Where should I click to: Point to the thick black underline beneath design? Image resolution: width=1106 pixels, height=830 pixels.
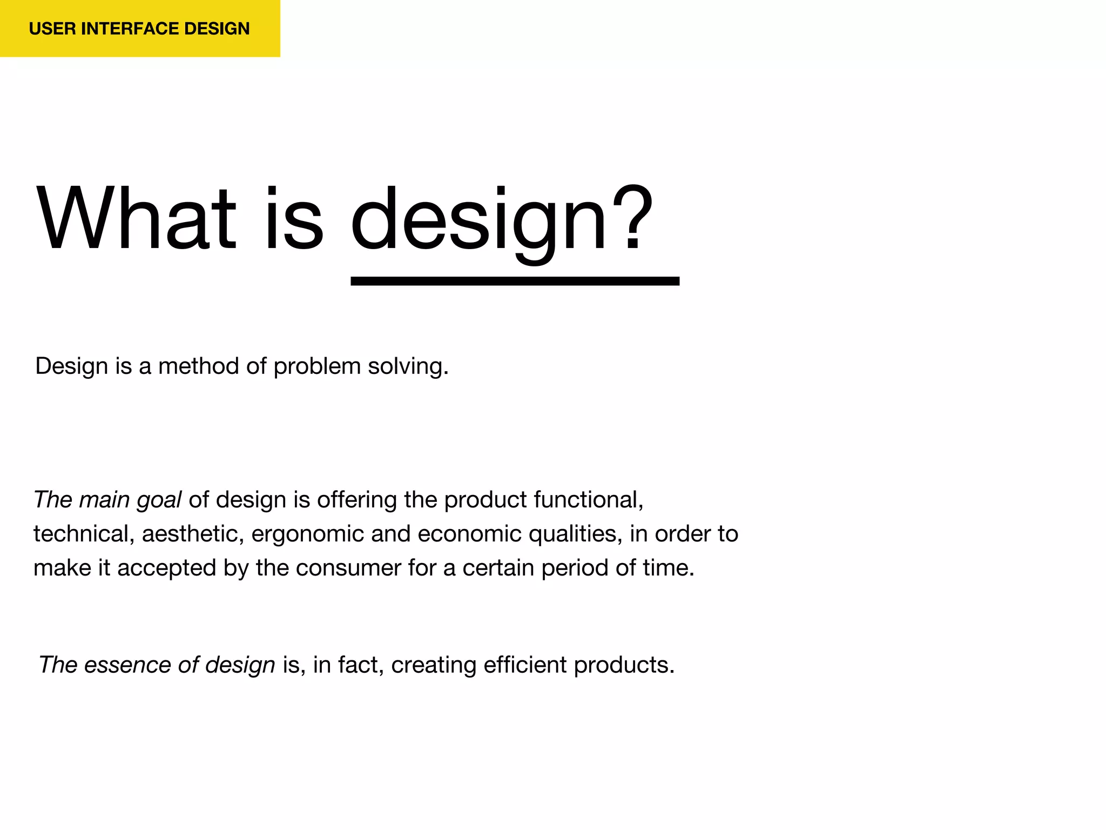(x=515, y=281)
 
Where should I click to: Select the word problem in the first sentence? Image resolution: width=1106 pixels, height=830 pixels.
(x=317, y=367)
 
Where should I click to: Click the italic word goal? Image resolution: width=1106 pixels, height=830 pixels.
(x=159, y=500)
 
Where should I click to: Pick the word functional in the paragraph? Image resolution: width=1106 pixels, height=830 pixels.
(x=588, y=499)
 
